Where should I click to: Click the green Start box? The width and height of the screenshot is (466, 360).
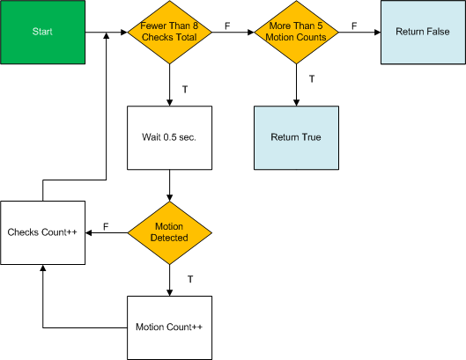coord(43,32)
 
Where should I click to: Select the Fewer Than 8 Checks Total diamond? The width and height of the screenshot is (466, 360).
coord(170,32)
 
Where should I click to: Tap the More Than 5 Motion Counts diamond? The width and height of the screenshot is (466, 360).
coord(296,32)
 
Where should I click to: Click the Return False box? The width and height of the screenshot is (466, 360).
coord(423,32)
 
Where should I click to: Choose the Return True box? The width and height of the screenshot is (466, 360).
coord(296,138)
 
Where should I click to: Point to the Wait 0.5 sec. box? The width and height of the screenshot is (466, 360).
coord(170,138)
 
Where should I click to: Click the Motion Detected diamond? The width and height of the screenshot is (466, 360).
coord(170,233)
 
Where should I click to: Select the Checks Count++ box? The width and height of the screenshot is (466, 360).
coord(43,233)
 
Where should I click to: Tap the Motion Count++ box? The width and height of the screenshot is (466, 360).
coord(170,328)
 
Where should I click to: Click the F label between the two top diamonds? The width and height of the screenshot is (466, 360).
coord(227,26)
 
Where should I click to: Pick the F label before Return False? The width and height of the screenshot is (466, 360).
coord(354,26)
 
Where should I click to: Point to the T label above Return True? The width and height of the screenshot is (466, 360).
coord(312,79)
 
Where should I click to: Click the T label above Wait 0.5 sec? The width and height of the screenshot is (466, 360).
coord(185,90)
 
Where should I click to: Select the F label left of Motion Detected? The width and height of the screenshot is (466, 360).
coord(106,227)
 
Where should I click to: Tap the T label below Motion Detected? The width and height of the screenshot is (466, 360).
coord(190,279)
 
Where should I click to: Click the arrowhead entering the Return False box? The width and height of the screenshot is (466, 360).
coord(377,32)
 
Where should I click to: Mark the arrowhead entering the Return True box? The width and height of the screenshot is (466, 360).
coord(296,102)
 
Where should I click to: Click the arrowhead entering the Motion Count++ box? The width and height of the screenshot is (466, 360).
coord(170,292)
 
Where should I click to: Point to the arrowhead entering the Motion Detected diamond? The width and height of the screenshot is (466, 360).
coord(170,198)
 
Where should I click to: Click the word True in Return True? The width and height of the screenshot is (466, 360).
coord(312,137)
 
